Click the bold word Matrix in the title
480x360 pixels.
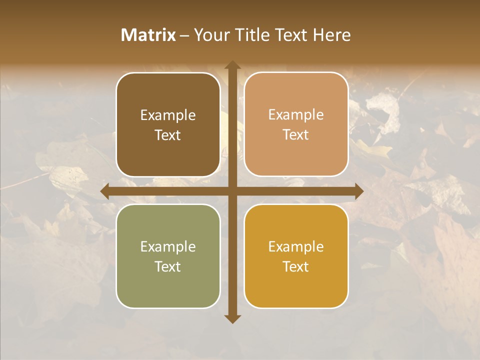tap(148, 35)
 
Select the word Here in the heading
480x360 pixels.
tap(331, 35)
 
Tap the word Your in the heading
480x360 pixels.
tap(210, 35)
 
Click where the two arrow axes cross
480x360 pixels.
tap(232, 191)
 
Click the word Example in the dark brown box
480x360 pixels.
tap(168, 115)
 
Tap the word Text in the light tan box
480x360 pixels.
tap(296, 135)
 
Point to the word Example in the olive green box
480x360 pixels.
tap(168, 247)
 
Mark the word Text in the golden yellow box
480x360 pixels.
tap(296, 267)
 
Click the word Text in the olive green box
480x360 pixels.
tap(168, 267)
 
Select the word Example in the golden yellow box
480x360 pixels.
tap(296, 247)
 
